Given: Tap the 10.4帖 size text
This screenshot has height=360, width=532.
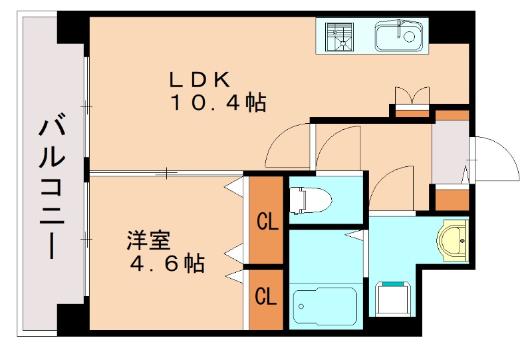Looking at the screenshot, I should tap(218, 103).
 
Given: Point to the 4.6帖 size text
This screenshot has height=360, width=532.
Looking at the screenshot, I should tap(167, 264).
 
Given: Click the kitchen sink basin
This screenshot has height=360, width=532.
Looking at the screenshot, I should tap(398, 37).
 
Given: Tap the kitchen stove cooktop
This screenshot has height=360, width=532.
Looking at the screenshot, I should tap(341, 37).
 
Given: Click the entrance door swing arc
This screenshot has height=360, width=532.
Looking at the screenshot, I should tap(495, 160).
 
